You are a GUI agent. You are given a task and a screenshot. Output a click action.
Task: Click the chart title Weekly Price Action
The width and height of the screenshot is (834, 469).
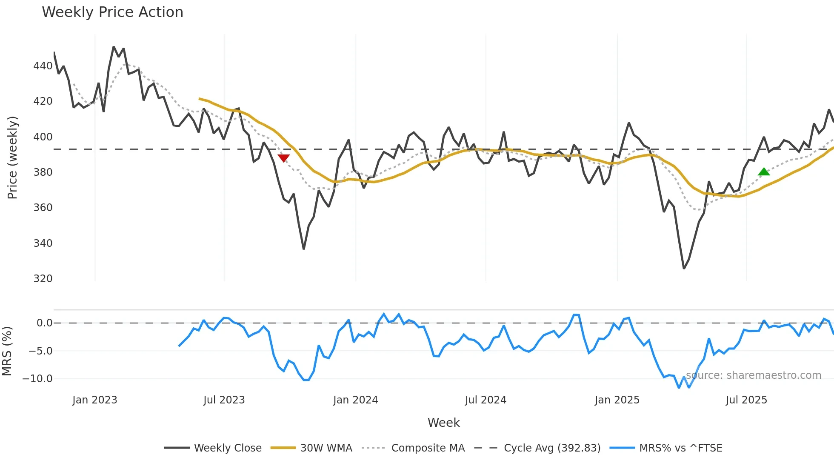112,12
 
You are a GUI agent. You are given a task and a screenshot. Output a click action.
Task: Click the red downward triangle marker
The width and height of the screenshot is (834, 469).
283,158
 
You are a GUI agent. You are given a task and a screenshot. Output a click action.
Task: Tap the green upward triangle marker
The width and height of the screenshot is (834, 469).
764,172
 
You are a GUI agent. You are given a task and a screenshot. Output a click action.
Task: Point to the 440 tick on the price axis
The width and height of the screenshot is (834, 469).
43,66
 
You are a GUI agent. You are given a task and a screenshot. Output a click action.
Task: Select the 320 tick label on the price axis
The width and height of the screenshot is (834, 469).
43,278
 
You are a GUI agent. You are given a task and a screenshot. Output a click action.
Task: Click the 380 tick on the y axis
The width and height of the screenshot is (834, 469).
43,172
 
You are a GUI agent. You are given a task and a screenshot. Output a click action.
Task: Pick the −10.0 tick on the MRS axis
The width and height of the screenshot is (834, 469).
37,378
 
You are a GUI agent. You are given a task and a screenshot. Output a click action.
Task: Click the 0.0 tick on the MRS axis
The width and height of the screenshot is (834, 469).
44,323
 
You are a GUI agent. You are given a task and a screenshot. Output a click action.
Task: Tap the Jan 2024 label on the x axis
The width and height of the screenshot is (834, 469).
355,400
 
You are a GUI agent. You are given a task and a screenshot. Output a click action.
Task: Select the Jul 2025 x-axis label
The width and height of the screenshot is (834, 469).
746,400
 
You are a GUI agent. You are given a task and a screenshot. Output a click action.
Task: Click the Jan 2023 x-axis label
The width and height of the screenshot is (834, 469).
94,400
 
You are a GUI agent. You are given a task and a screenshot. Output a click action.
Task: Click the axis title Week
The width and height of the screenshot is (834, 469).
443,423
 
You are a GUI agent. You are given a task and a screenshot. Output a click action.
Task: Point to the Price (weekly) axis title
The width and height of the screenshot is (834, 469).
13,157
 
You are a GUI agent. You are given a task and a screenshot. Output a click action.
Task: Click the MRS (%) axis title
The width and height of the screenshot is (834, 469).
7,351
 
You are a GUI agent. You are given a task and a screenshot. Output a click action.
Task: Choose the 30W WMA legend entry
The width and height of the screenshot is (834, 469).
326,448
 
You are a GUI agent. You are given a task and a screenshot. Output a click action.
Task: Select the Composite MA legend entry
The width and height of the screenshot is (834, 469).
428,448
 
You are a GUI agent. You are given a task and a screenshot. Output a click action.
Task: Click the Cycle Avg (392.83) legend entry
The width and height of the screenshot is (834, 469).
552,448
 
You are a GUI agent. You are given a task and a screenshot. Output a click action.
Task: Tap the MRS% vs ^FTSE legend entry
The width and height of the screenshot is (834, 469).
680,448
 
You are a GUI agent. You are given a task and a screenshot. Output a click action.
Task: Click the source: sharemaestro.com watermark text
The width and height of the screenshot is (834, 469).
753,375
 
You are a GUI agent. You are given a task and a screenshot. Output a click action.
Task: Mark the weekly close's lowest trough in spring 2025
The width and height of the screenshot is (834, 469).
684,268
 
